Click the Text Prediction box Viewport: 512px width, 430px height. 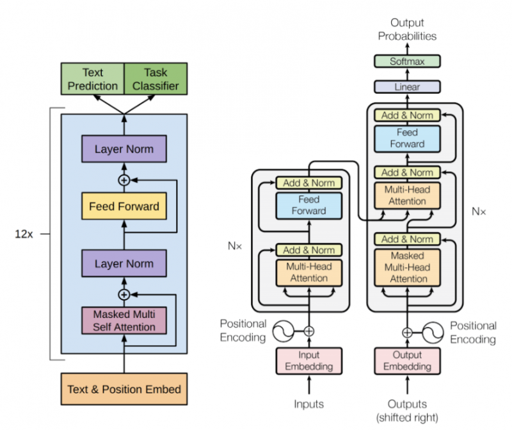click(92, 79)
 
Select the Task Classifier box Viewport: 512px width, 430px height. click(152, 79)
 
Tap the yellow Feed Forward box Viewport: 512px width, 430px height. click(124, 207)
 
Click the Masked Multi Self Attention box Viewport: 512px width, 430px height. click(124, 320)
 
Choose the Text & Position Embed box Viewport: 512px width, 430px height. click(124, 389)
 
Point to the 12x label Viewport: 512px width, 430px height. click(24, 234)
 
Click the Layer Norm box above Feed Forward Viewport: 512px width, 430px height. click(124, 150)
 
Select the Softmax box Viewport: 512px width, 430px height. click(407, 62)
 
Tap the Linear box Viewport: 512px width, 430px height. click(407, 87)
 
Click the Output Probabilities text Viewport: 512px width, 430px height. click(407, 29)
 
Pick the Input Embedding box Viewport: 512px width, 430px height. click(309, 361)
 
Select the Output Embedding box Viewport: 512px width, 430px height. click(407, 361)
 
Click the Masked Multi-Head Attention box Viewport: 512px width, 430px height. click(407, 267)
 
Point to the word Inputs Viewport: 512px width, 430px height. click(309, 404)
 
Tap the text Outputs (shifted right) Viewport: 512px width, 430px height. click(407, 411)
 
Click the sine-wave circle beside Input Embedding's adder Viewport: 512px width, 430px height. click(282, 331)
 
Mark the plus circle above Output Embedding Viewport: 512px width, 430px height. click(407, 332)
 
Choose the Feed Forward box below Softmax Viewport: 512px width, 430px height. click(407, 138)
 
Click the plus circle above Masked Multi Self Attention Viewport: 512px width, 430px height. click(124, 294)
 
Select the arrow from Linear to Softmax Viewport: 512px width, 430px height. click(407, 74)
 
